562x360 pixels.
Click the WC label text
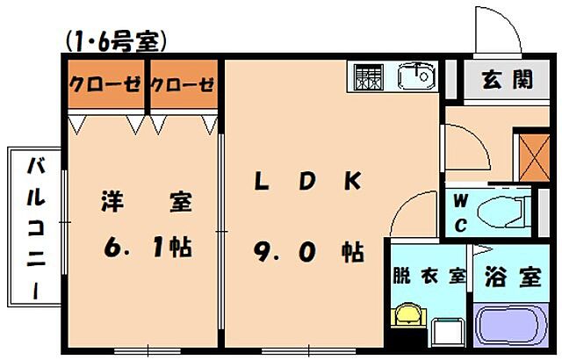point(459,212)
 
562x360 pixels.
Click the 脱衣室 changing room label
point(428,277)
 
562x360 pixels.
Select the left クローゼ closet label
point(104,85)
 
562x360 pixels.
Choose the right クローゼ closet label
point(183,85)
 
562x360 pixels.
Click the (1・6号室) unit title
point(115,40)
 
